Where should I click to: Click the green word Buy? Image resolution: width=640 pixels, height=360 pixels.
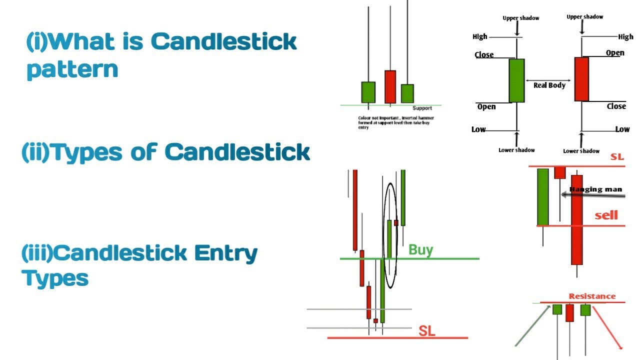(420, 249)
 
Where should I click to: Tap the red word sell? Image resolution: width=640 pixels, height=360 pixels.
(606, 215)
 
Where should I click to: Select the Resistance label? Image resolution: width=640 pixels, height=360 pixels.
(592, 296)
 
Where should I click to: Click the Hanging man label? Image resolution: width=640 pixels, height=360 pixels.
(596, 189)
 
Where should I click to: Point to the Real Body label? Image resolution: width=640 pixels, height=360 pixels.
(549, 85)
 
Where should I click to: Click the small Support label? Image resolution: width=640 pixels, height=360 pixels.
(422, 108)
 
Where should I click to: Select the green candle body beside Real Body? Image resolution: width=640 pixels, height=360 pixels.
(516, 80)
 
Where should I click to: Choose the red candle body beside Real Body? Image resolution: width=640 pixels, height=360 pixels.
(581, 79)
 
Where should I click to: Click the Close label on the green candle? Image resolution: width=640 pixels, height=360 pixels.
(484, 55)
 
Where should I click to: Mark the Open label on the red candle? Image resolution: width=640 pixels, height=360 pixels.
(615, 53)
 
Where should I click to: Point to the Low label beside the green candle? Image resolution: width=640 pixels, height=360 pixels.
(478, 129)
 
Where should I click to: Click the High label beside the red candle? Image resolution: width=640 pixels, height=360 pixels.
(625, 36)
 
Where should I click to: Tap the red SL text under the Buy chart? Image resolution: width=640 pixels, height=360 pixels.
(426, 331)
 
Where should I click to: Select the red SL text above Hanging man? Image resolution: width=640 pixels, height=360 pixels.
(617, 157)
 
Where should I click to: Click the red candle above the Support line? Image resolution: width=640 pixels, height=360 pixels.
(390, 87)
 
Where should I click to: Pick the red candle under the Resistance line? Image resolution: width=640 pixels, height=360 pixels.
(569, 313)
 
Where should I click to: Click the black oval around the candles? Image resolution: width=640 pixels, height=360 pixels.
(391, 236)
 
